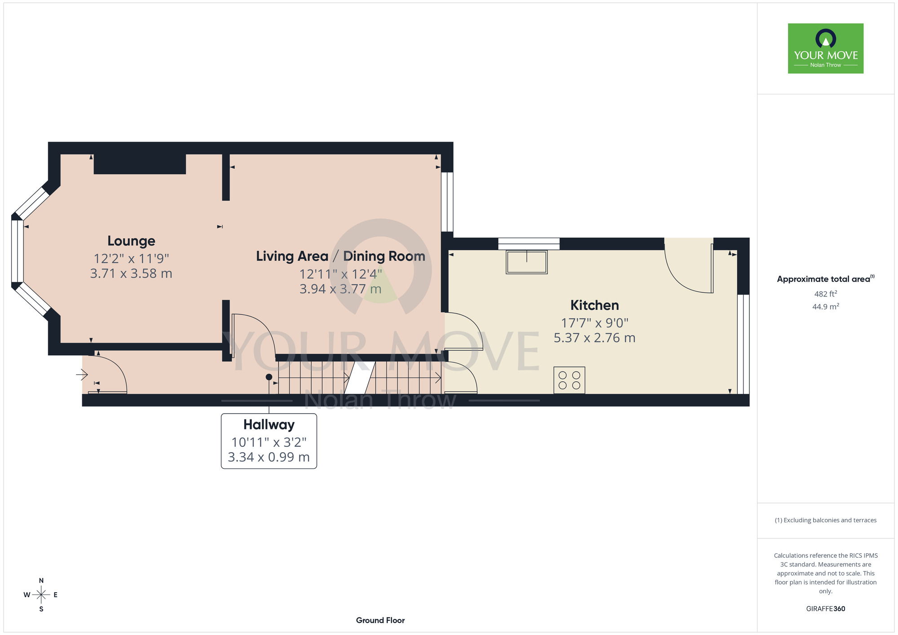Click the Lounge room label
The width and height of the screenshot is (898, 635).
pos(131,241)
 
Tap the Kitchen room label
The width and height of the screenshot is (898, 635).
pos(594,305)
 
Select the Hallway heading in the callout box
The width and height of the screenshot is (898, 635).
pos(269,424)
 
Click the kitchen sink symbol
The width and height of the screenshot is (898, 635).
pos(527,262)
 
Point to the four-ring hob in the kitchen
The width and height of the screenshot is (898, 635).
pos(569,380)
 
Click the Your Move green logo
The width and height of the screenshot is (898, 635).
pos(826,49)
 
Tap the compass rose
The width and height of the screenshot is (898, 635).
pos(41,595)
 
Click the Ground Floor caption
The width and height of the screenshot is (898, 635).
pos(380,620)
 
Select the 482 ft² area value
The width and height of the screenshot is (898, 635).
pos(826,294)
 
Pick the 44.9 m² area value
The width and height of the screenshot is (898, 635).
pos(826,307)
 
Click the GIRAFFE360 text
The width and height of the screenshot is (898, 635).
pos(826,609)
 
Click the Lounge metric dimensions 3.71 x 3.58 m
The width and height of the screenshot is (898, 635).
pos(131,273)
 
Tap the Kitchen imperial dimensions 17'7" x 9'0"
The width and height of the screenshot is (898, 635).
pos(594,323)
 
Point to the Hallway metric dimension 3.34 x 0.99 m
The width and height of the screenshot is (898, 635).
pos(269,457)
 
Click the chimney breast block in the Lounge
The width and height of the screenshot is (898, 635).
pos(140,164)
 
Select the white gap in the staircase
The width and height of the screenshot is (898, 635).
pos(360,378)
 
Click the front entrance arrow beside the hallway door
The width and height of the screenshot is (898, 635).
pos(82,374)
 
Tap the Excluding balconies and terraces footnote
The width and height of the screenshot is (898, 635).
pos(826,520)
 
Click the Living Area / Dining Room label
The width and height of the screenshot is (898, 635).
pos(340,256)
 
